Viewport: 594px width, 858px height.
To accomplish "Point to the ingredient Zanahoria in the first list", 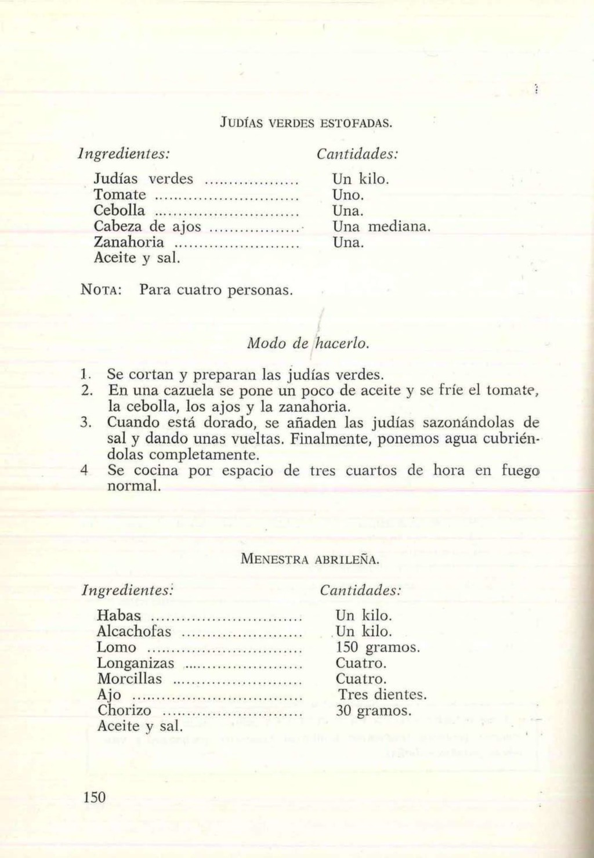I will (129, 241).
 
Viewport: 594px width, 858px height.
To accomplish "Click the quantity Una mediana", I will (381, 226).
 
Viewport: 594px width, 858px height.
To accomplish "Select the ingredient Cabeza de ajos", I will (147, 226).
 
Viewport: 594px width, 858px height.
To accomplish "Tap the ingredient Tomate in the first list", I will (120, 194).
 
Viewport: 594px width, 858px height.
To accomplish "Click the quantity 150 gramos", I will (378, 647).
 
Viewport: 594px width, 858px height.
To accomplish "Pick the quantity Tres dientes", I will (382, 694).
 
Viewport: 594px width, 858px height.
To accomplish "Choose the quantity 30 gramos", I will (374, 710).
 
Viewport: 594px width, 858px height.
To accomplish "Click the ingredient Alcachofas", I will (134, 631).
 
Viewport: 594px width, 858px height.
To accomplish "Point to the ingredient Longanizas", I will (135, 662).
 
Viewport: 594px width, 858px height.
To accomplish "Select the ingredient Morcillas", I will (129, 679).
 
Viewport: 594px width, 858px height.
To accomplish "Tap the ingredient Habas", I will (119, 615).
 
